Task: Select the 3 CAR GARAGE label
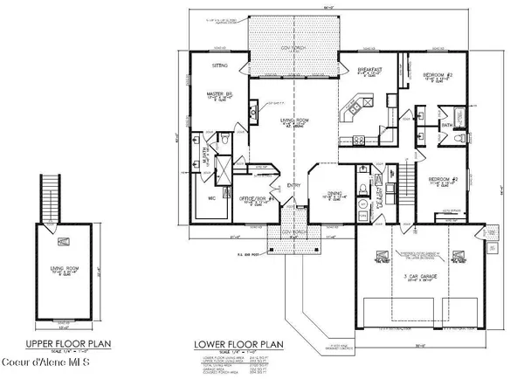pyautogui.click(x=417, y=274)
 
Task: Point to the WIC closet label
pyautogui.click(x=210, y=197)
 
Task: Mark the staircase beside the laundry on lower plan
pyautogui.click(x=404, y=184)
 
